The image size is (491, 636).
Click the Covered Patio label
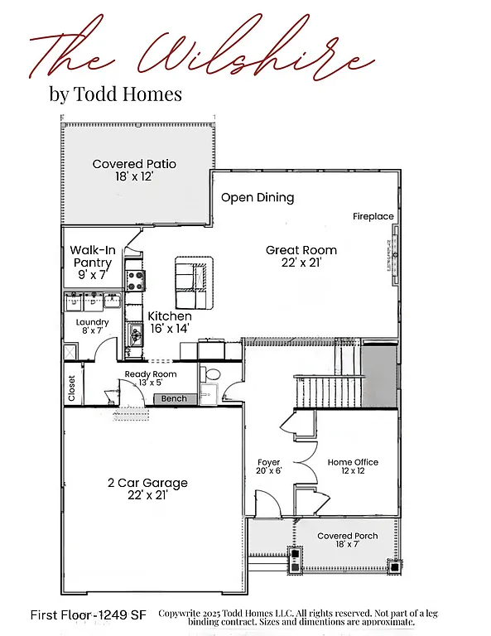coord(134,170)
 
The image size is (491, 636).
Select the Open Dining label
coord(258,198)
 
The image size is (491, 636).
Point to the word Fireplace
coord(373,216)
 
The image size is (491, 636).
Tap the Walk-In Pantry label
coord(91,263)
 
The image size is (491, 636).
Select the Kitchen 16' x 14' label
coord(170,322)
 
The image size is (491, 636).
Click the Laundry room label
coord(92,326)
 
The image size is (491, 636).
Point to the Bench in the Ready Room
coord(174,399)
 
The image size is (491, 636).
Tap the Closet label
coord(72,388)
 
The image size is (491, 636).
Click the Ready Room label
coord(150,378)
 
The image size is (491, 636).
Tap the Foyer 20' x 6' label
coord(268,467)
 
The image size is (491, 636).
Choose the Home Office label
coord(353,467)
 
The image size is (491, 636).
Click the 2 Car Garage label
coord(147,489)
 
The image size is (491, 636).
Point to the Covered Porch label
coord(347,541)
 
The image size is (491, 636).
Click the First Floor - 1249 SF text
coord(88,615)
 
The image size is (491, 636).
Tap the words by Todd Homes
coord(115,94)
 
